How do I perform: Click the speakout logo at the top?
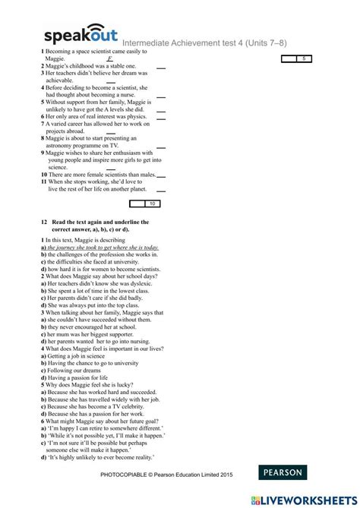81,36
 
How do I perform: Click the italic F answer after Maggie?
109,58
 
